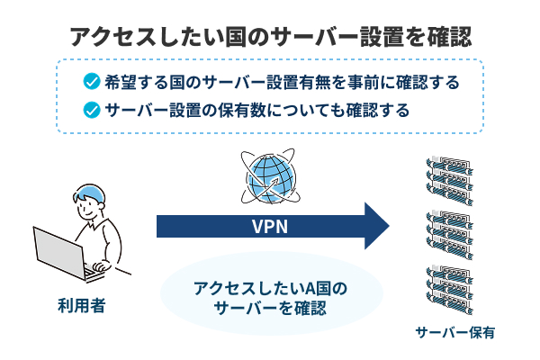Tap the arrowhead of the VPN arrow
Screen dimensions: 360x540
(375, 226)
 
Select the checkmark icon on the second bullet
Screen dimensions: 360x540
(90, 111)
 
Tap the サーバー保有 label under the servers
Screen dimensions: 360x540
(454, 332)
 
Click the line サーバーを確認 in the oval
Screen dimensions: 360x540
(269, 309)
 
